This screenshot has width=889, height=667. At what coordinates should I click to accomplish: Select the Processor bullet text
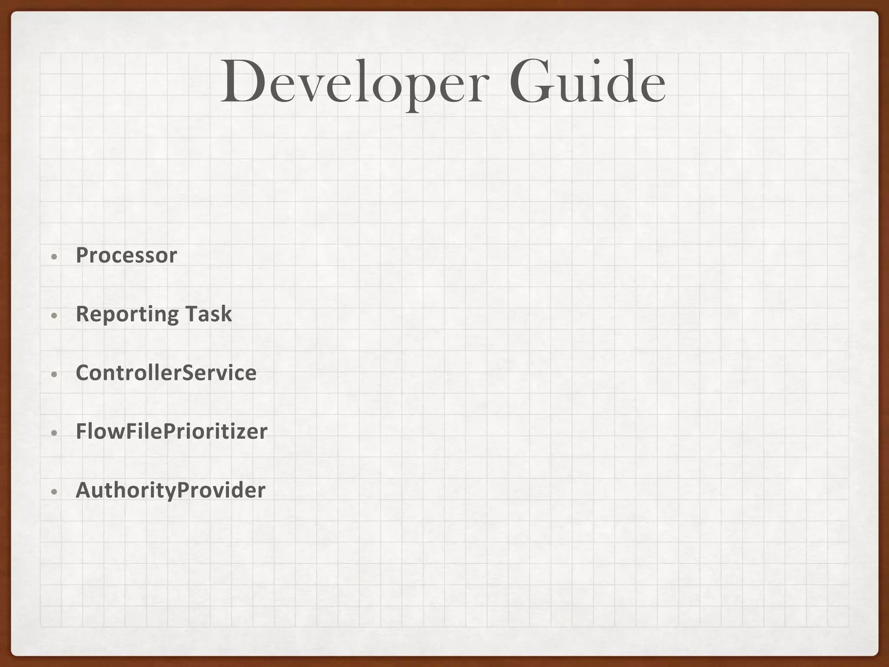pyautogui.click(x=126, y=255)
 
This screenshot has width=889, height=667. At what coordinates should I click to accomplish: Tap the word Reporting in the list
pyautogui.click(x=127, y=314)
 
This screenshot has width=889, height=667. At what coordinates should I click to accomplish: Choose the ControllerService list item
pyautogui.click(x=166, y=373)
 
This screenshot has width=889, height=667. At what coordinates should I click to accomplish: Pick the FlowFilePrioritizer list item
pyautogui.click(x=171, y=431)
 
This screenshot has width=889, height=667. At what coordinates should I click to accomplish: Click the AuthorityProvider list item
pyautogui.click(x=170, y=490)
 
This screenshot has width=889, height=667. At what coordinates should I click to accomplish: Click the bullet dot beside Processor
pyautogui.click(x=54, y=257)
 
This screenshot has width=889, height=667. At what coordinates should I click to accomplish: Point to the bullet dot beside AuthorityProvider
pyautogui.click(x=54, y=492)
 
